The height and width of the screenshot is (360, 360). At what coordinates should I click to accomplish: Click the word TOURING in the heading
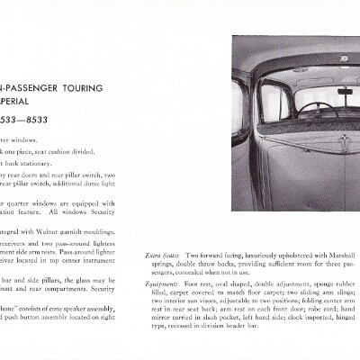(79, 88)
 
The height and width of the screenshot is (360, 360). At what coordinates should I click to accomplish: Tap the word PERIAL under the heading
(22, 103)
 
